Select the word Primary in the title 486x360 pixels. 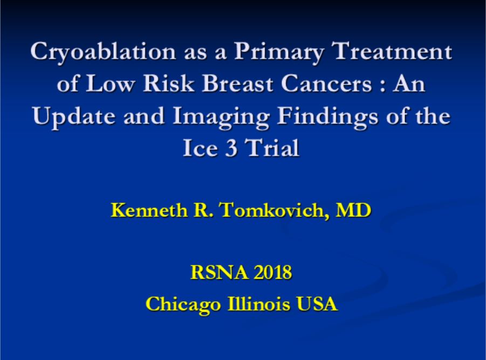(x=278, y=52)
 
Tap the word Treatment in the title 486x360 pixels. (x=391, y=51)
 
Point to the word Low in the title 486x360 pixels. (x=110, y=84)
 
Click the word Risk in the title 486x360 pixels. (x=168, y=84)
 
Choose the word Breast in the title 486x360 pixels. (x=237, y=84)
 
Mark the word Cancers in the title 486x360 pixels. (x=326, y=84)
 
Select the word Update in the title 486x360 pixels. (x=74, y=117)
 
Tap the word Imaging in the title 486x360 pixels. (x=221, y=117)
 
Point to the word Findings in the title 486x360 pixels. (x=327, y=117)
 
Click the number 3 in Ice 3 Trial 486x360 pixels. (x=231, y=148)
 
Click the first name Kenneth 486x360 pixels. (x=149, y=210)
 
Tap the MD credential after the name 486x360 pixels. (x=353, y=210)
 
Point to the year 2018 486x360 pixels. (x=273, y=272)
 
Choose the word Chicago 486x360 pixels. (x=183, y=304)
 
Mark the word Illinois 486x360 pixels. (x=259, y=303)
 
